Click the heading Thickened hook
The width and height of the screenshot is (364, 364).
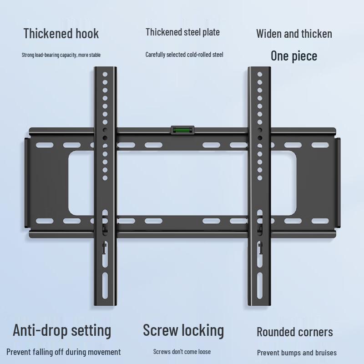point(61,33)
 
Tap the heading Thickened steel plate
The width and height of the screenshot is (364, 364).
point(182,32)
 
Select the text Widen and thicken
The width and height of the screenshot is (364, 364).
point(294,34)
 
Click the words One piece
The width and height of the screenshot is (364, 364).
point(293,56)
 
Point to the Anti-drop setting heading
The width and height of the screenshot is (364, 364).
point(62,330)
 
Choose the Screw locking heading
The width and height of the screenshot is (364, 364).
point(183,330)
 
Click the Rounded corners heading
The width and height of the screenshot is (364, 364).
point(294,332)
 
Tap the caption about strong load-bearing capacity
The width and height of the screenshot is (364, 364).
point(61,55)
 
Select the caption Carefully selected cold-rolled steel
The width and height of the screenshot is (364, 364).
point(184,55)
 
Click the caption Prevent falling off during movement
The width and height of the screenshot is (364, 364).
point(64,352)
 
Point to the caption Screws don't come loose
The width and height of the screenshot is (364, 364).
point(182,352)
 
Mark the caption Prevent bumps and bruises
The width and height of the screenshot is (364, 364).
point(297,353)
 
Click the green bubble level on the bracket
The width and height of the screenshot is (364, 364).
point(182,131)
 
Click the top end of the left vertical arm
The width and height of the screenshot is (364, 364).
point(105,69)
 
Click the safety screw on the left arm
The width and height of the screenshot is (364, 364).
point(104,248)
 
